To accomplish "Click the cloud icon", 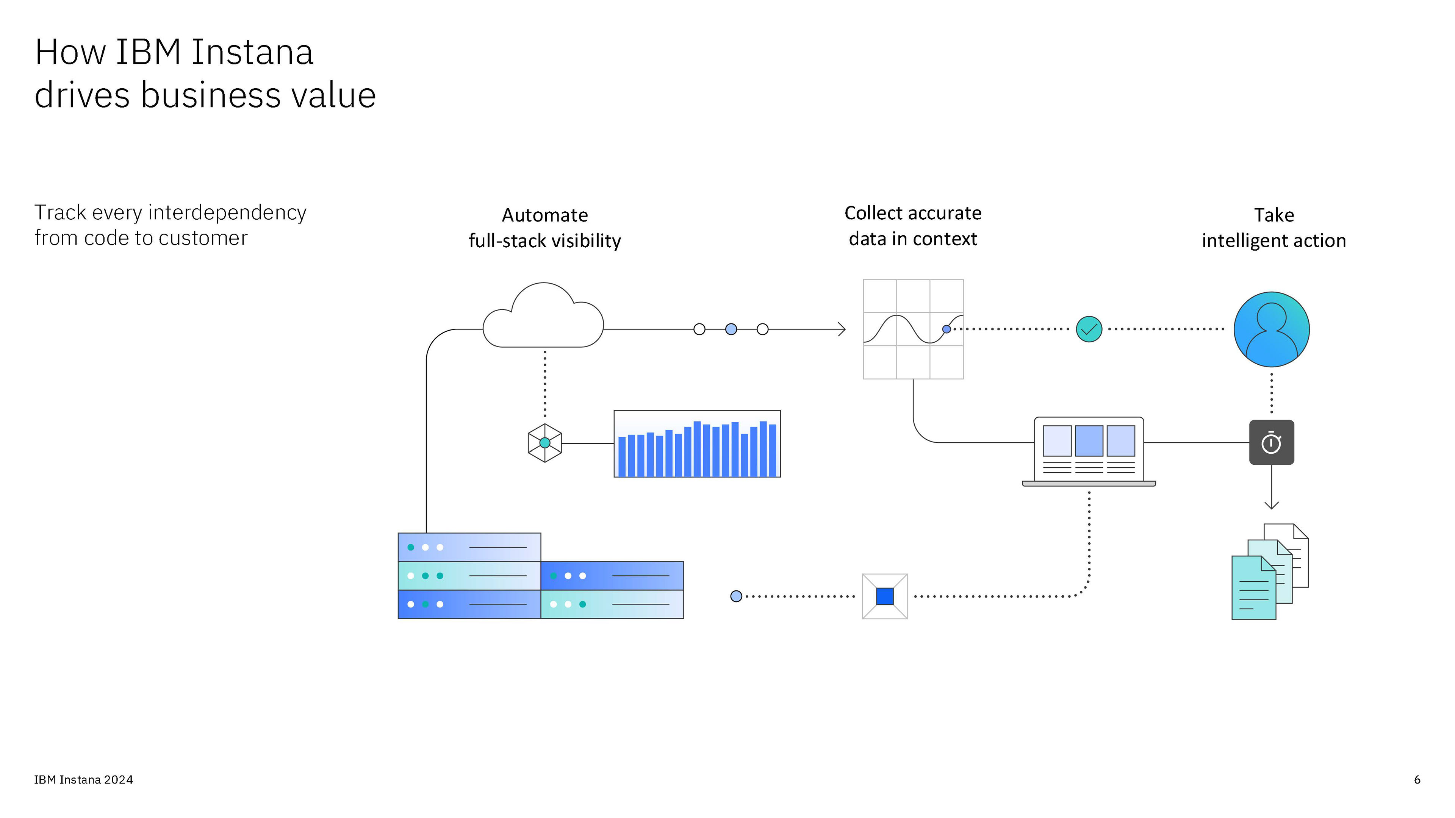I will (x=543, y=319).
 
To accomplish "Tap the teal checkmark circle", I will (x=1089, y=329).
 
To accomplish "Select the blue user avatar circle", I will (x=1272, y=329).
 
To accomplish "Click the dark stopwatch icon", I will (x=1272, y=443).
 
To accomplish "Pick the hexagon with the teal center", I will (x=544, y=443).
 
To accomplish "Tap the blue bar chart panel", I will (x=697, y=444).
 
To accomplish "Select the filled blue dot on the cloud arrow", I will (x=731, y=329).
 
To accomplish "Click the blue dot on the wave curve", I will (x=947, y=329).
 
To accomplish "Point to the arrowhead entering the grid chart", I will (x=843, y=329).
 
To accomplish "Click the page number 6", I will (x=1417, y=780).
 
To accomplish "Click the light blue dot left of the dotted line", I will (x=736, y=596).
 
